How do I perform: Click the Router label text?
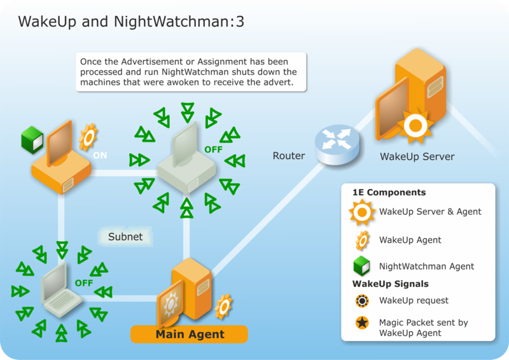289,156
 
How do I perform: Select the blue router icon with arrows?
337,143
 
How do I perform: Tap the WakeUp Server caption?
417,156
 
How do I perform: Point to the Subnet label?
125,237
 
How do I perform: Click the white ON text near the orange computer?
100,155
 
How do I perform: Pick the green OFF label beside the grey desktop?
213,149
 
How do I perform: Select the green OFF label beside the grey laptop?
84,282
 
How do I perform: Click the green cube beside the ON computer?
31,137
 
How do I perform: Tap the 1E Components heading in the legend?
389,193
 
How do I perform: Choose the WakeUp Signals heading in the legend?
390,284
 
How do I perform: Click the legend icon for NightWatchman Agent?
361,267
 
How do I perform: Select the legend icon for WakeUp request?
361,301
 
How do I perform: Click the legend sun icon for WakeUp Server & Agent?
361,212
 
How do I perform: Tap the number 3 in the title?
239,21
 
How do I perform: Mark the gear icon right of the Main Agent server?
223,306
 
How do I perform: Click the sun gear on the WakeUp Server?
415,125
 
